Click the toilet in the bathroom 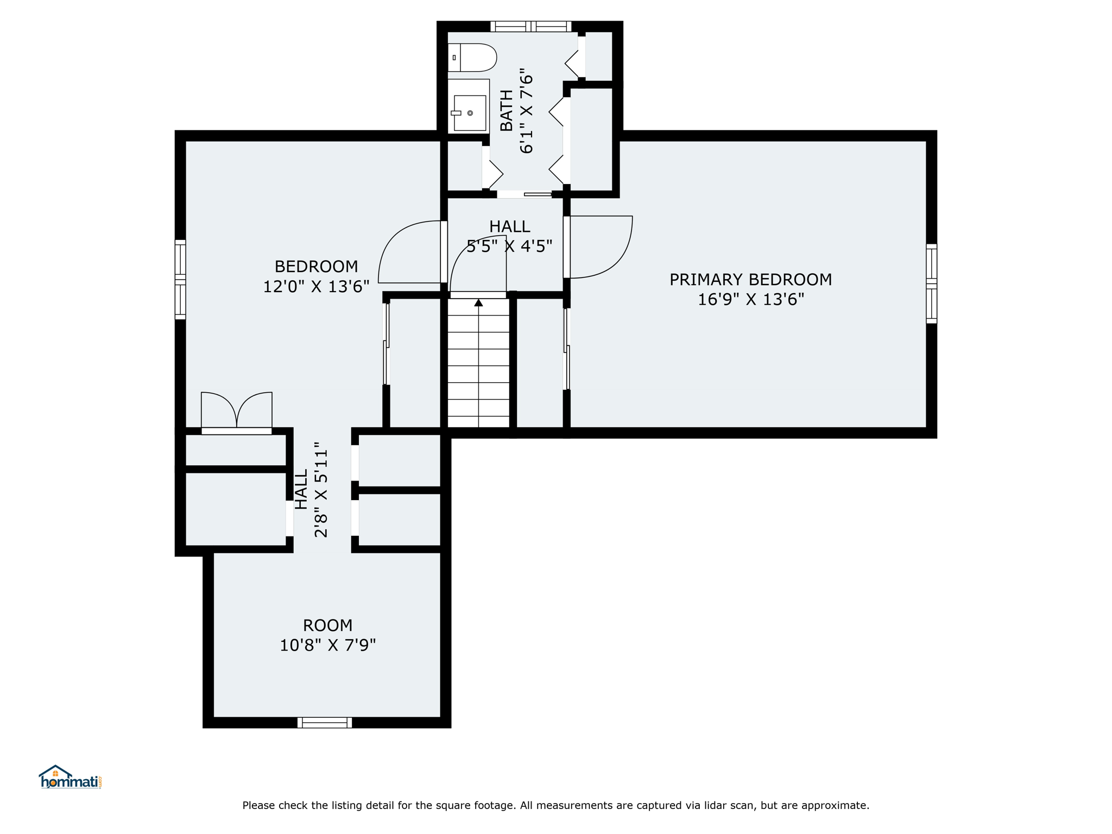pyautogui.click(x=472, y=58)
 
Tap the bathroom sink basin pyautogui.click(x=470, y=113)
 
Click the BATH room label pyautogui.click(x=506, y=111)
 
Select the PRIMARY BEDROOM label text pyautogui.click(x=750, y=280)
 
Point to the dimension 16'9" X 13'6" pyautogui.click(x=750, y=299)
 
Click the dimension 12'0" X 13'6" pyautogui.click(x=316, y=287)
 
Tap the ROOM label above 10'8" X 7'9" pyautogui.click(x=327, y=625)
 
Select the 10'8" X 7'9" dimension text pyautogui.click(x=327, y=645)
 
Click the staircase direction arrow pyautogui.click(x=478, y=302)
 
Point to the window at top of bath pyautogui.click(x=531, y=26)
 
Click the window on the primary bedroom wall pyautogui.click(x=931, y=284)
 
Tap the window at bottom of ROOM pyautogui.click(x=325, y=723)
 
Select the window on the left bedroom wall pyautogui.click(x=180, y=280)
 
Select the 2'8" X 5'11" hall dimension pyautogui.click(x=321, y=493)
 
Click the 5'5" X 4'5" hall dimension pyautogui.click(x=509, y=247)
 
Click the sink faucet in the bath pyautogui.click(x=456, y=113)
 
